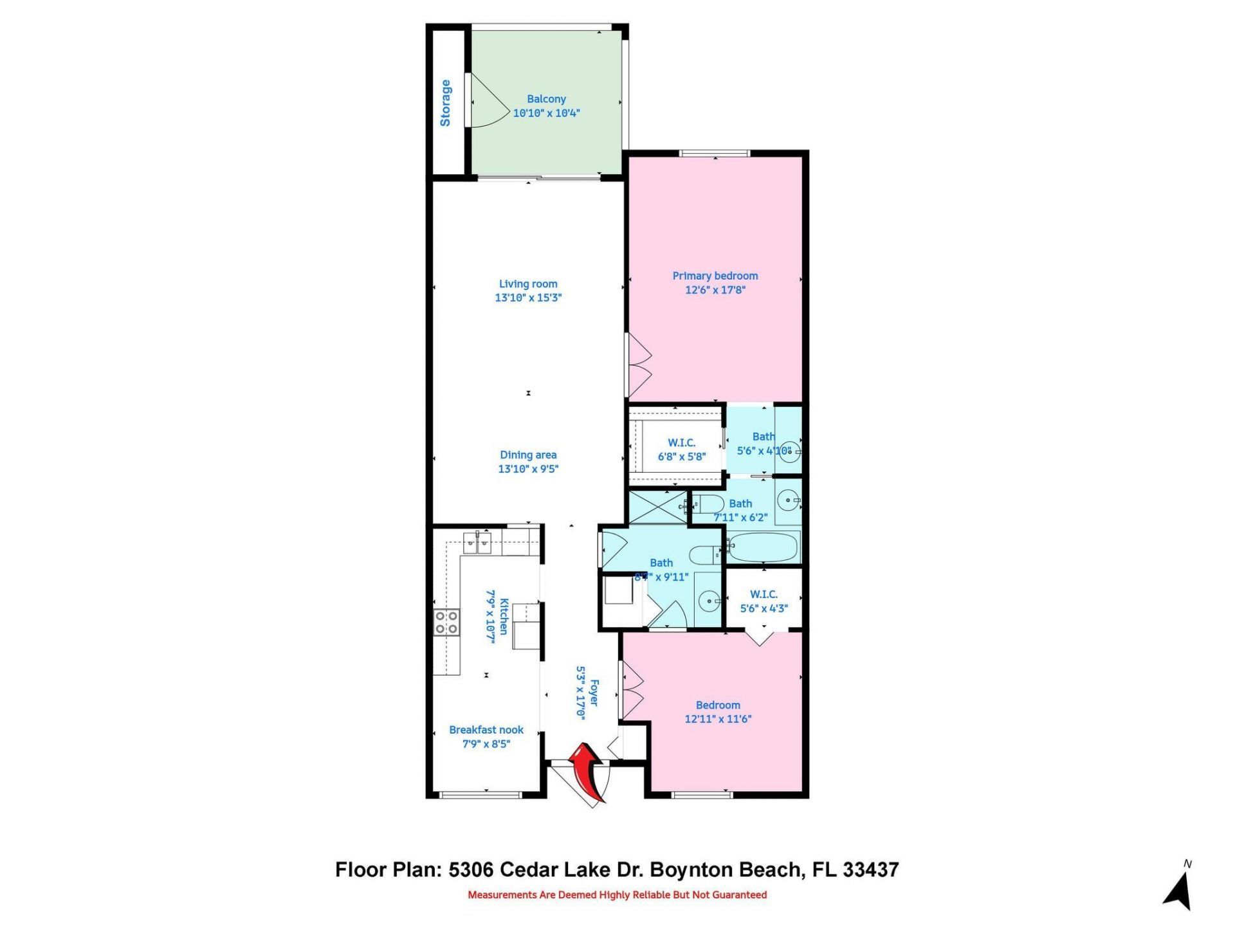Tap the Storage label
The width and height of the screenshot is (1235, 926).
point(445,103)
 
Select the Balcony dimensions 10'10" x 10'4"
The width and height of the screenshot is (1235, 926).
point(546,113)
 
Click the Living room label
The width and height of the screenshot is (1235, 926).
point(528,284)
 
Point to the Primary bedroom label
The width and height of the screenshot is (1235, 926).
point(715,276)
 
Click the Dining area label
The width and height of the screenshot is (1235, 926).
point(528,455)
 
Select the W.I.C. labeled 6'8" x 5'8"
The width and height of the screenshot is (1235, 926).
point(681,449)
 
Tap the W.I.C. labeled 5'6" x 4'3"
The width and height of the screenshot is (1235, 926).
point(764,601)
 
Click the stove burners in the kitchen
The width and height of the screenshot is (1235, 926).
point(446,622)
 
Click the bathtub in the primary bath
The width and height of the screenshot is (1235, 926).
point(763,548)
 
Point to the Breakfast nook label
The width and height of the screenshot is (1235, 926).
point(486,730)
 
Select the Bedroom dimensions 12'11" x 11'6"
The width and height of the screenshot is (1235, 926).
point(718,719)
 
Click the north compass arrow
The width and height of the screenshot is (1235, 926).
point(1179,891)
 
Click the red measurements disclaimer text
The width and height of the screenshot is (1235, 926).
point(617,894)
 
